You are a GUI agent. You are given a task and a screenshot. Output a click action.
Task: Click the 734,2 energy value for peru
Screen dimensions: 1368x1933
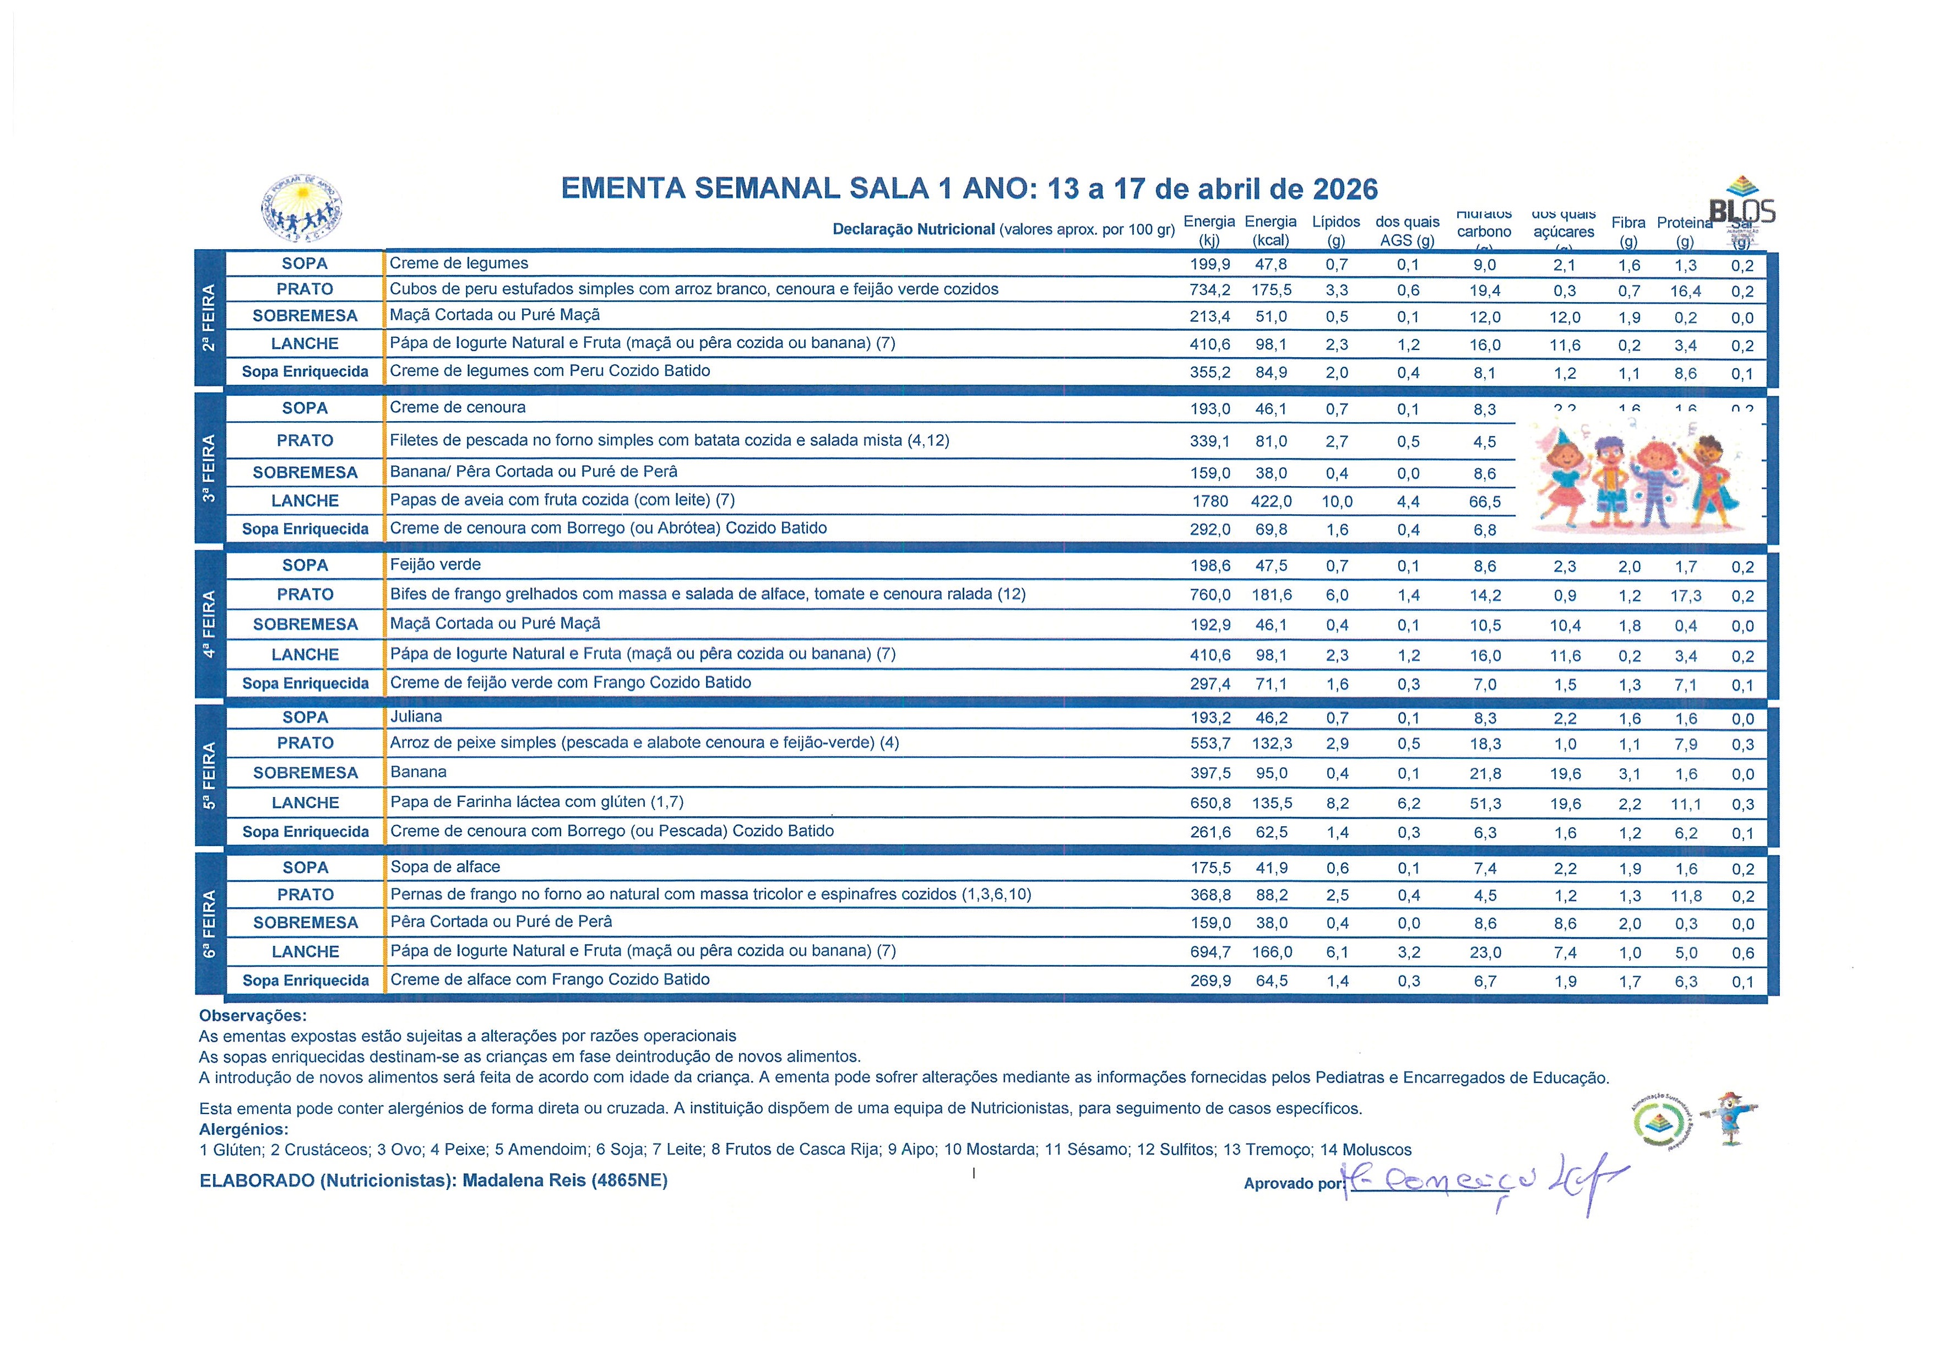(x=1210, y=290)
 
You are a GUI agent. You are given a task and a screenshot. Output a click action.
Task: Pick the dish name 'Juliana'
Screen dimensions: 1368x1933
(x=416, y=717)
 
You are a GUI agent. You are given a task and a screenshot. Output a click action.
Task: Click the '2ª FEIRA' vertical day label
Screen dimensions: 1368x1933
(x=209, y=319)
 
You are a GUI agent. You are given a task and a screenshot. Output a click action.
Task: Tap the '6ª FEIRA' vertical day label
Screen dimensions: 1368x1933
(x=209, y=925)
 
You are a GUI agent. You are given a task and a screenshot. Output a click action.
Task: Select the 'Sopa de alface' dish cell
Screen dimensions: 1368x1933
(x=446, y=867)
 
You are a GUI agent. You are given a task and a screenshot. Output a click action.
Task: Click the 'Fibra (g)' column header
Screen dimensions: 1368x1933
(x=1628, y=231)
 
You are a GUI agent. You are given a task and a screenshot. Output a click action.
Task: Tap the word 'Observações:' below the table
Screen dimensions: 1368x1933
(x=253, y=1016)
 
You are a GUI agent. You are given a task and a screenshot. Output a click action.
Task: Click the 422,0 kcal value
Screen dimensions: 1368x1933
(x=1271, y=501)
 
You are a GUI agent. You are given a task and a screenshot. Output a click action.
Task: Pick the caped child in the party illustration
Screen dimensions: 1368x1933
(x=1710, y=484)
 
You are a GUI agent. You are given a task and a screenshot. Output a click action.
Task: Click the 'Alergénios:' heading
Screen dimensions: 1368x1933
(x=243, y=1129)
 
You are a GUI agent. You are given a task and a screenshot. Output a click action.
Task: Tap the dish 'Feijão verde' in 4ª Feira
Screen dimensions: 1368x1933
(x=435, y=564)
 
